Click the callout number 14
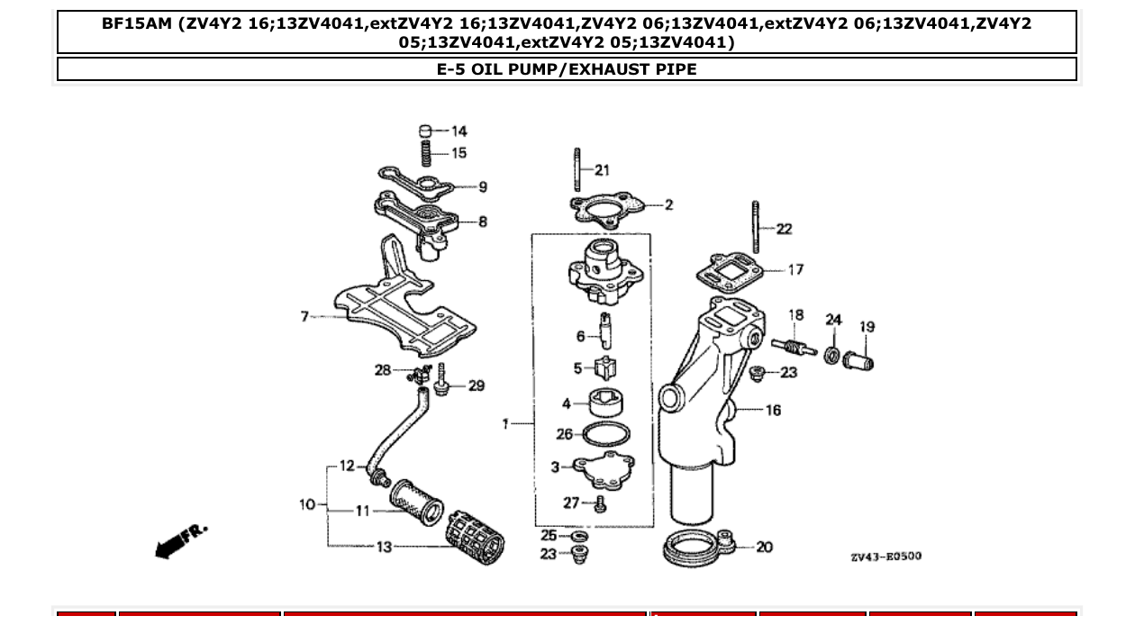pos(459,131)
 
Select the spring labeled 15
pos(427,152)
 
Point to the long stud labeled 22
pos(757,227)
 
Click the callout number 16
pos(773,410)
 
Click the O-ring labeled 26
pos(605,435)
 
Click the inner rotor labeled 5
pos(605,368)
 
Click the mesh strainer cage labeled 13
pos(475,542)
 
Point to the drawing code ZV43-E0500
pos(885,557)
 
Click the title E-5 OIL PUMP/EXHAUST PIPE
pos(567,69)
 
